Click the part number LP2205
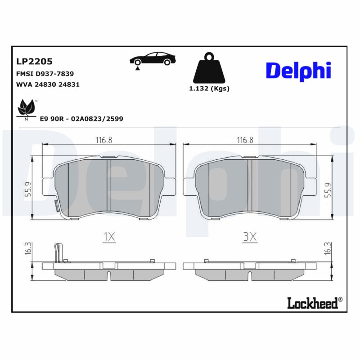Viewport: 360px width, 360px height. (x=34, y=61)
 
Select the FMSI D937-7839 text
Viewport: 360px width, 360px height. (x=45, y=73)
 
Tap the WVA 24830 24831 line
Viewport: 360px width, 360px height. (x=48, y=84)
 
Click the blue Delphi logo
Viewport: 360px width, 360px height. (x=298, y=71)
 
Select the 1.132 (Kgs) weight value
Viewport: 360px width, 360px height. (x=209, y=89)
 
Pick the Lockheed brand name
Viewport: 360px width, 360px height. (x=312, y=304)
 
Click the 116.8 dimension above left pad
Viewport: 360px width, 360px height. (x=103, y=140)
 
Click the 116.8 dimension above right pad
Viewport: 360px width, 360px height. (x=245, y=140)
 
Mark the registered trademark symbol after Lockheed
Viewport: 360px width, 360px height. (x=340, y=300)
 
